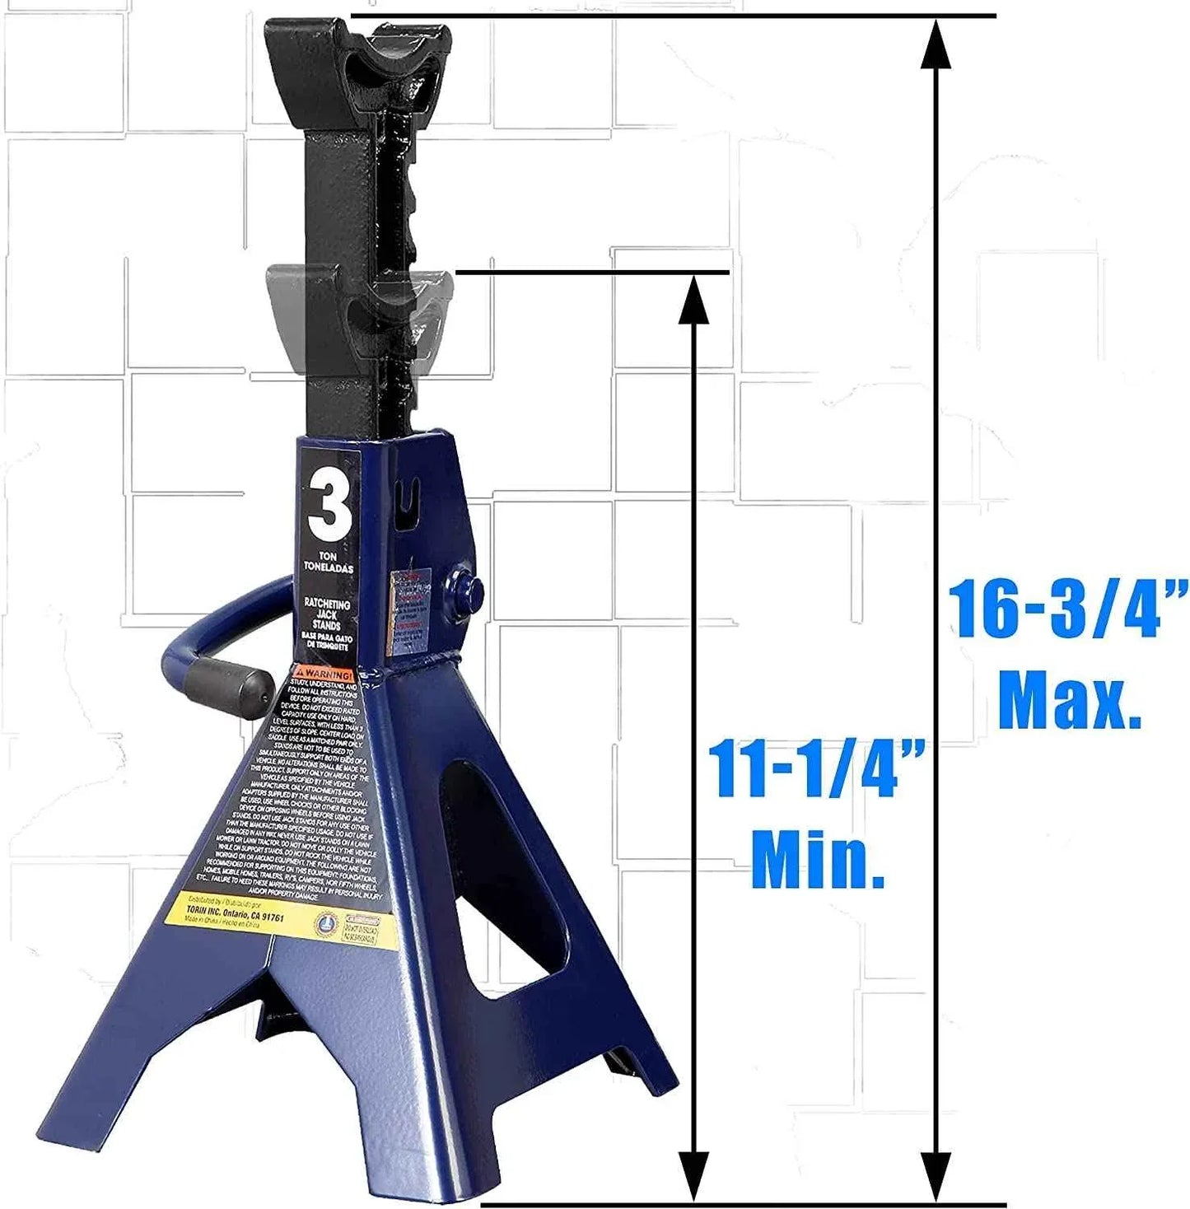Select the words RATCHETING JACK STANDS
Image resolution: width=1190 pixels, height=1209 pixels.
click(327, 614)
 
